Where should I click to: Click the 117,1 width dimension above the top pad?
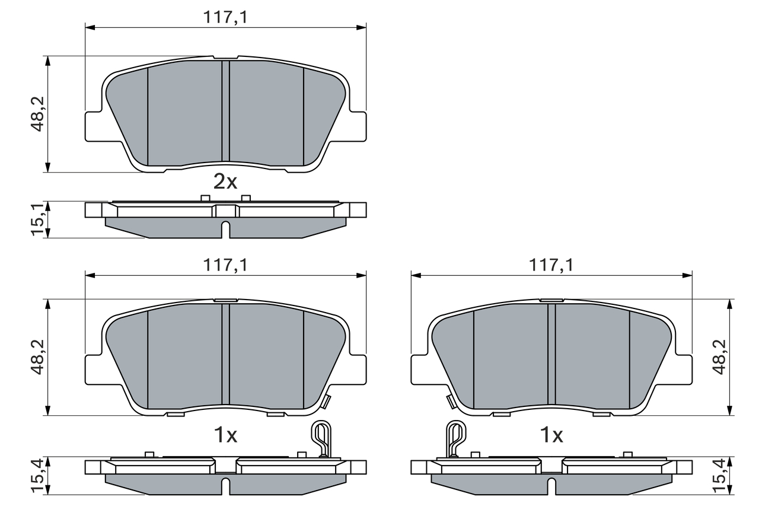[225, 17]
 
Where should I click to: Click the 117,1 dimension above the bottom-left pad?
[225, 266]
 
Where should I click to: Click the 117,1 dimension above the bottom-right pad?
[551, 266]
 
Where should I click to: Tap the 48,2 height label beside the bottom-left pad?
[39, 357]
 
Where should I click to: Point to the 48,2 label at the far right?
[719, 357]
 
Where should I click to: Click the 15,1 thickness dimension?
[39, 219]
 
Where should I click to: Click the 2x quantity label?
[225, 182]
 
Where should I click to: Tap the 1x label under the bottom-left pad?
[225, 436]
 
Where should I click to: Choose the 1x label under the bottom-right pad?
[551, 436]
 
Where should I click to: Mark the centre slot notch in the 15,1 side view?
[225, 229]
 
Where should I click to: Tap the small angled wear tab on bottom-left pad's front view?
[325, 401]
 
